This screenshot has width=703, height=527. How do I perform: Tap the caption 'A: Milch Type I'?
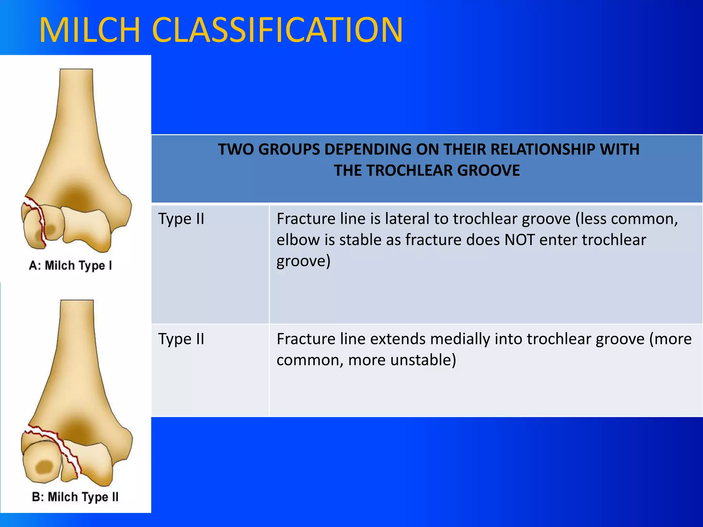[x=70, y=266]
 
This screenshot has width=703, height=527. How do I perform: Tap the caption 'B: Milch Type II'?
[x=75, y=497]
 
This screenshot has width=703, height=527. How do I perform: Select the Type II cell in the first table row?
[x=181, y=219]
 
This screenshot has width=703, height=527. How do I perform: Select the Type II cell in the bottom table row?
[x=181, y=339]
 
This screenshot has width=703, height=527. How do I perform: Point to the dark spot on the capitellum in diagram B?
[x=45, y=467]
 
